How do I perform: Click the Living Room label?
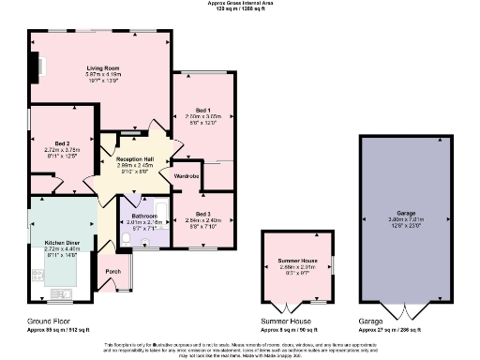[102, 67]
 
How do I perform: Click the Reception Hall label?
[135, 160]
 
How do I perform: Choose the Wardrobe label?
[187, 175]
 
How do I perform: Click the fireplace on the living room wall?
[36, 68]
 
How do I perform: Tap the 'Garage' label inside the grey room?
[406, 213]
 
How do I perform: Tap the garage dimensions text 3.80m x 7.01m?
[406, 220]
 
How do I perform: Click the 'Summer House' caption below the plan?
[286, 322]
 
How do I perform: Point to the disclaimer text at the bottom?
[240, 349]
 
